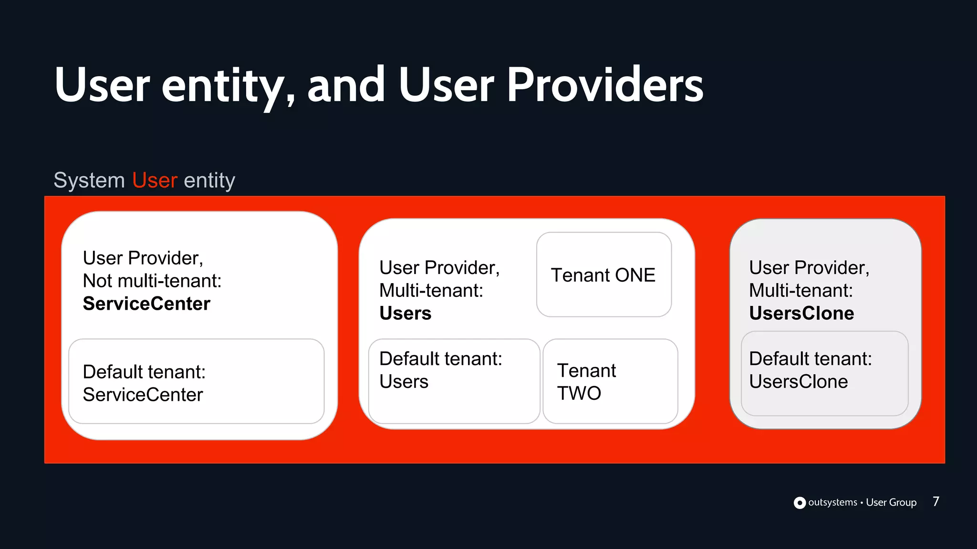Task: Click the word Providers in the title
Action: [x=604, y=86]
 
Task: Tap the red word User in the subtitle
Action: [x=155, y=181]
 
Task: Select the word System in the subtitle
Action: [x=89, y=181]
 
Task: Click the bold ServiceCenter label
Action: [x=146, y=304]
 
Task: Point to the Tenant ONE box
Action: [x=603, y=275]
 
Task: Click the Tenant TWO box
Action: [x=610, y=381]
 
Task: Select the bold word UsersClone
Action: [x=801, y=314]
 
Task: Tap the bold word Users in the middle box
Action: [x=405, y=314]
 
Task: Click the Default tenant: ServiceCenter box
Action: [x=196, y=382]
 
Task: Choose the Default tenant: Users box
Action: [x=454, y=381]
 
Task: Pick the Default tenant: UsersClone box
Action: [x=824, y=373]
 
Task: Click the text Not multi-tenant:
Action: [x=152, y=281]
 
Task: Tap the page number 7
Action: [x=935, y=501]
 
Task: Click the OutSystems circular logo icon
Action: [x=800, y=503]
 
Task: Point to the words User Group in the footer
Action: [x=891, y=502]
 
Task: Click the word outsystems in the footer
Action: [x=832, y=502]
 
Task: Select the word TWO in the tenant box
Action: [x=579, y=394]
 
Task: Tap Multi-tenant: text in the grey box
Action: [x=800, y=291]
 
